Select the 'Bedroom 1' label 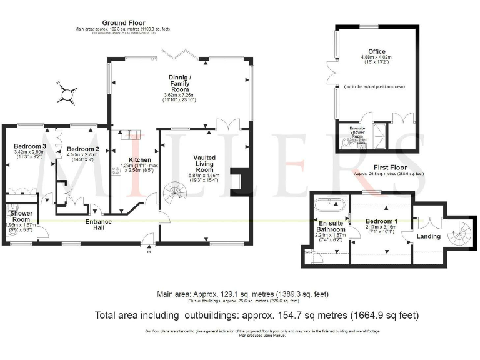pyautogui.click(x=381, y=222)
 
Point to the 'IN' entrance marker pyautogui.click(x=149, y=252)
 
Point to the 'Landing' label pyautogui.click(x=428, y=236)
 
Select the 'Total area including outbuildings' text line pyautogui.click(x=256, y=315)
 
